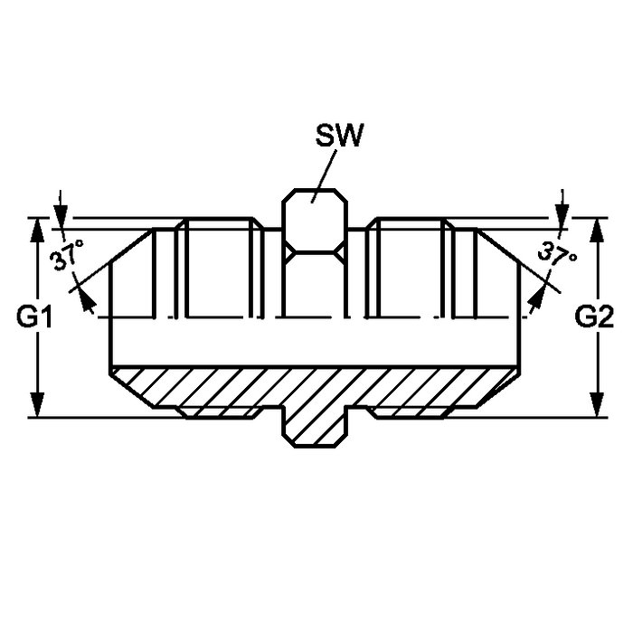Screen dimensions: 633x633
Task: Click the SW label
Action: point(339,135)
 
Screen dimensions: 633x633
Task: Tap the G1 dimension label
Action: point(34,316)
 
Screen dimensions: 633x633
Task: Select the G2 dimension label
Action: point(594,316)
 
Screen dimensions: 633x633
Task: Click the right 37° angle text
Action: point(557,254)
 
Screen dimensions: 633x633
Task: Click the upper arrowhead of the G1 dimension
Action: point(37,230)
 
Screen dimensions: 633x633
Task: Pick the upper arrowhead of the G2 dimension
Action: point(597,230)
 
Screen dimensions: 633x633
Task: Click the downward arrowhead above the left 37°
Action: point(61,216)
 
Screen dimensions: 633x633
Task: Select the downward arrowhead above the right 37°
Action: point(562,216)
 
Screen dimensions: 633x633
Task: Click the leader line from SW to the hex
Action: point(324,175)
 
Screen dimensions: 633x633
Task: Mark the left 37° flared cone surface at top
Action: point(132,246)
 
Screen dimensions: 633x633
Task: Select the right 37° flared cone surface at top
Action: point(498,246)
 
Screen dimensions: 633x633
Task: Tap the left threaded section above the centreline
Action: point(219,268)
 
